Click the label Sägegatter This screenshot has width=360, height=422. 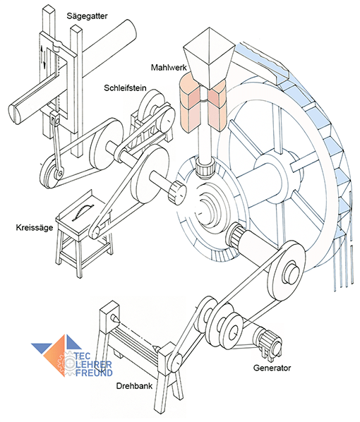click(87, 16)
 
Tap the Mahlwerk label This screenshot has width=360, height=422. click(169, 67)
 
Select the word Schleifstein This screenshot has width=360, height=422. click(125, 88)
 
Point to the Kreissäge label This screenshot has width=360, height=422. click(34, 228)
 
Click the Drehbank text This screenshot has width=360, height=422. click(134, 386)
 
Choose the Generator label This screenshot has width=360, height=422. click(272, 368)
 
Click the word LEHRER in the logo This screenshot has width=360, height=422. click(92, 365)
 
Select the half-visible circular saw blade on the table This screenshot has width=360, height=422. click(83, 212)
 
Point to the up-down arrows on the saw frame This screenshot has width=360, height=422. click(43, 56)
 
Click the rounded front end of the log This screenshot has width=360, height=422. click(16, 114)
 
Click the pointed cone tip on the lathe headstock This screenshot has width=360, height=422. click(115, 319)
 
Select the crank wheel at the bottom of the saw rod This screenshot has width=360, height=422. click(52, 172)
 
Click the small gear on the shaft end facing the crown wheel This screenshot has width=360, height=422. click(177, 191)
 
